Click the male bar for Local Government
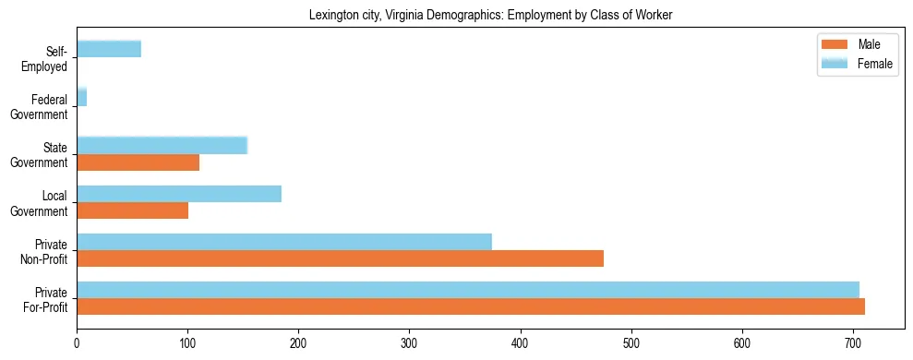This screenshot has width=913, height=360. tap(132, 210)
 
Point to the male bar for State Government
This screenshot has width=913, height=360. tap(138, 162)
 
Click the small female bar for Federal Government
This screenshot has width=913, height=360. tap(81, 97)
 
